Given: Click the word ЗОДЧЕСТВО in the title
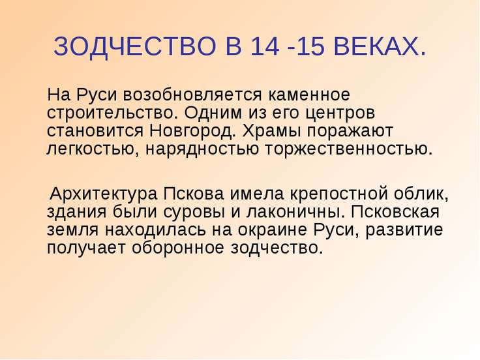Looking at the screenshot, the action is point(135,46).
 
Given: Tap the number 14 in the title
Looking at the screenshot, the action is point(265,46).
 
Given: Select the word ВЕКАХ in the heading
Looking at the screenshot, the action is point(376,46).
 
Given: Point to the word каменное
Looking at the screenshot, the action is point(309,95).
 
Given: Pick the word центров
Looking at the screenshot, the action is point(340,113).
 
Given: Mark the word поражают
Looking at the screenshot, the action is point(350,131).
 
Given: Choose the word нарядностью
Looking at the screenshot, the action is point(202,149).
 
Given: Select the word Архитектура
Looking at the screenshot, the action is point(104,194).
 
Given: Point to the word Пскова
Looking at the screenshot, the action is point(194,194).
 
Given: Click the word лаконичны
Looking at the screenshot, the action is point(294,212).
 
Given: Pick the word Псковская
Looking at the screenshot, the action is point(395,212).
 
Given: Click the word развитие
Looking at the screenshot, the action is point(404,230).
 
